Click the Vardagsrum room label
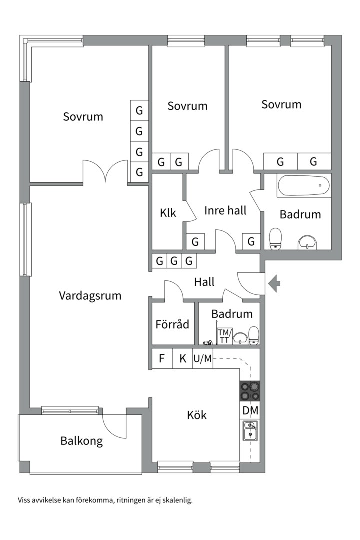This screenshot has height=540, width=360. (90, 295)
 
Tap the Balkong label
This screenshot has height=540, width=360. (82, 441)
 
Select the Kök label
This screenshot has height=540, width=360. (197, 415)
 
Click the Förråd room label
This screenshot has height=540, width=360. (172, 324)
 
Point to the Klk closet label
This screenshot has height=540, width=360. (168, 213)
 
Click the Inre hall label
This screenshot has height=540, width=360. (225, 211)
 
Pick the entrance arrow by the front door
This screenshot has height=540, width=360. (274, 283)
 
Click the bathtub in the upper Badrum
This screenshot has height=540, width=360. (303, 186)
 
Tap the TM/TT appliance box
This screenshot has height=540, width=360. (224, 336)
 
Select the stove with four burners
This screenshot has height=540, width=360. (250, 391)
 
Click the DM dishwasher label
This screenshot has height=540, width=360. (250, 411)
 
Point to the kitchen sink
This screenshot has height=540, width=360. (250, 431)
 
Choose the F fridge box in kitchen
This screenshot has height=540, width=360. (162, 358)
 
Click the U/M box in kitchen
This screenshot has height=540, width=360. (202, 358)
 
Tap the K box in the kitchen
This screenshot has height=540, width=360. (183, 358)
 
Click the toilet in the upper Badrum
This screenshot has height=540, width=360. (275, 238)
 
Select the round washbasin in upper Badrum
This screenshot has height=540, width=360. (306, 243)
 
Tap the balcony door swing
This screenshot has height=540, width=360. (114, 426)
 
